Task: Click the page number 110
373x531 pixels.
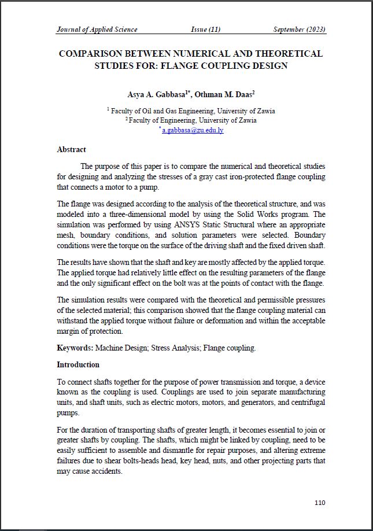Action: click(320, 503)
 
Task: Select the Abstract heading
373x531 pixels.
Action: click(71, 150)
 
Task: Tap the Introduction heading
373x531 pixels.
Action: click(78, 365)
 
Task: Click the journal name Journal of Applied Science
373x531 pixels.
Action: click(97, 30)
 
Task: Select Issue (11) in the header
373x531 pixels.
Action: click(205, 30)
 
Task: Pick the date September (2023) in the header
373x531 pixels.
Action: click(300, 30)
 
